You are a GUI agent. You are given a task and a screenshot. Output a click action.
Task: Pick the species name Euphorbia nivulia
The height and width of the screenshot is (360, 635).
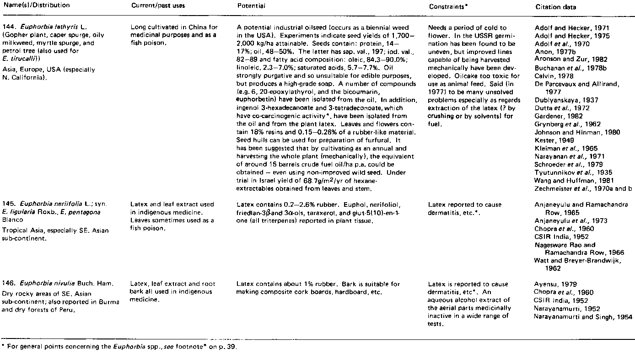click(42, 284)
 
